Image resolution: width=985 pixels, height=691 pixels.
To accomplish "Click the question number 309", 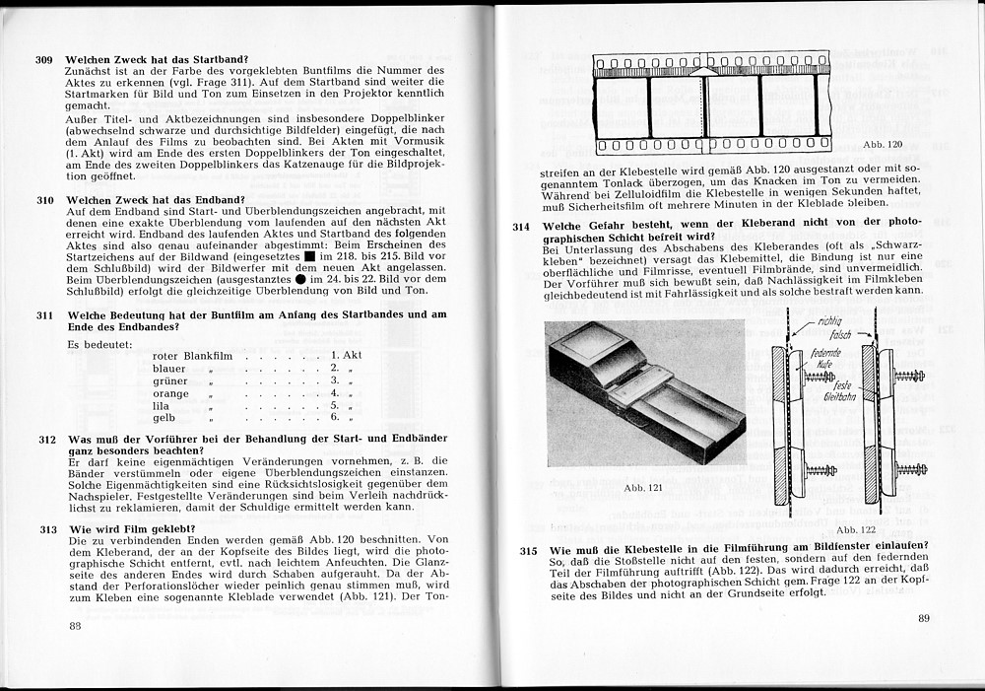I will pyautogui.click(x=44, y=60).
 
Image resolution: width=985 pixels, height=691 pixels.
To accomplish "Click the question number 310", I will pyautogui.click(x=45, y=200).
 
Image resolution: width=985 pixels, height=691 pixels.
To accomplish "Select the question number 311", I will pyautogui.click(x=45, y=314).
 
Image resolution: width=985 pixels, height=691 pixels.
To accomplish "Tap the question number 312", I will pyautogui.click(x=47, y=439).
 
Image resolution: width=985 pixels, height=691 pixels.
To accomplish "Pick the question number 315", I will pyautogui.click(x=529, y=550).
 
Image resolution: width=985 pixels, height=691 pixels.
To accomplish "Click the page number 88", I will pyautogui.click(x=75, y=626).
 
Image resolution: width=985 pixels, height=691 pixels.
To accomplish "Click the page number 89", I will pyautogui.click(x=923, y=618).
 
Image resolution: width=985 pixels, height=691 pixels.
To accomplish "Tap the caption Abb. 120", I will pyautogui.click(x=882, y=145).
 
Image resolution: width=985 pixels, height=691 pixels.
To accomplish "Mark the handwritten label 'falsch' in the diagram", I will pyautogui.click(x=827, y=336).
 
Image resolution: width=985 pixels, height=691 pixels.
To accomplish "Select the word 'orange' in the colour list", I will pyautogui.click(x=170, y=391).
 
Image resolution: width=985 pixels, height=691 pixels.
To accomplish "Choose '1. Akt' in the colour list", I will pyautogui.click(x=347, y=355).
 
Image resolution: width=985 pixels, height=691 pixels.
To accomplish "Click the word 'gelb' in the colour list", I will pyautogui.click(x=164, y=417).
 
